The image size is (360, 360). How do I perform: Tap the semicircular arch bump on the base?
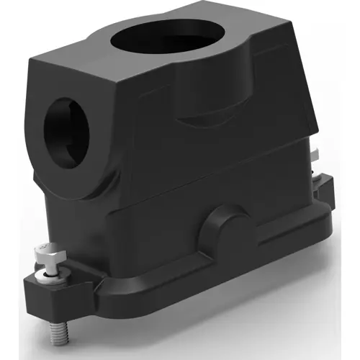(227, 223)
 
